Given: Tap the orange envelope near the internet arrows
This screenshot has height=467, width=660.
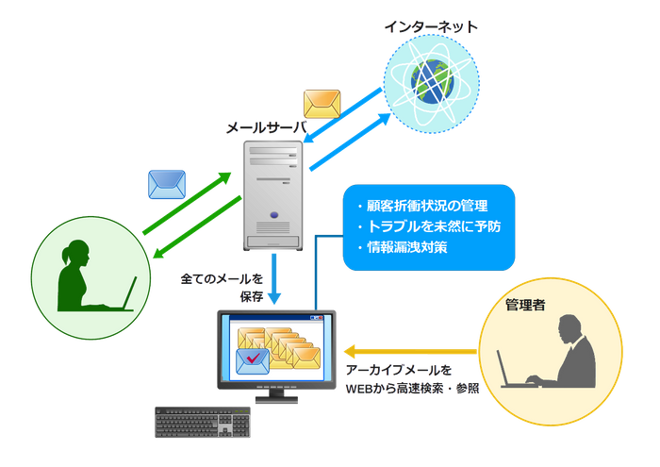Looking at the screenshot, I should click(x=320, y=102).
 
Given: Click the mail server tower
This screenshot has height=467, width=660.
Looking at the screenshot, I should click(x=272, y=192).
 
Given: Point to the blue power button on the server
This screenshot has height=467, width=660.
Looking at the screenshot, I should click(x=272, y=213).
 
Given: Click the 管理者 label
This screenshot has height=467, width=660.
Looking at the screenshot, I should click(x=525, y=305).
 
